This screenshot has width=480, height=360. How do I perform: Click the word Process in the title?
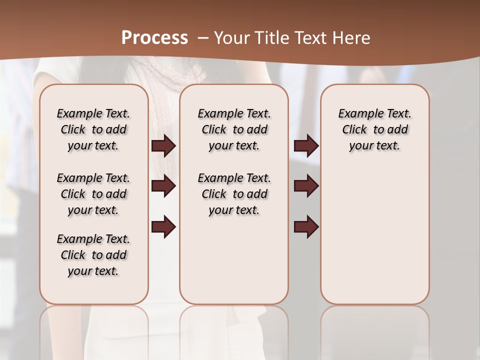click(x=154, y=37)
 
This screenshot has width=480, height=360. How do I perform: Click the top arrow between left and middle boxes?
click(x=163, y=145)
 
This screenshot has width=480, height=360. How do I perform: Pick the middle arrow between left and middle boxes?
click(x=163, y=186)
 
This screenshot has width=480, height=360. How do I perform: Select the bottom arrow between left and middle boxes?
click(x=163, y=226)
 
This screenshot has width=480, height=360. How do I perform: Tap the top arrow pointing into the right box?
click(x=306, y=145)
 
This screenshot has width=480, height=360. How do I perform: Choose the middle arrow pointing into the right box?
click(x=306, y=186)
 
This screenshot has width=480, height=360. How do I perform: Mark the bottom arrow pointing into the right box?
click(x=306, y=226)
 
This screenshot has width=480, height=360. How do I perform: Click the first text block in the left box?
click(x=93, y=129)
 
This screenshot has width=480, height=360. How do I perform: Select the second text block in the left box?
click(x=93, y=194)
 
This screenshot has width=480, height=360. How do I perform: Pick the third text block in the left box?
click(x=93, y=255)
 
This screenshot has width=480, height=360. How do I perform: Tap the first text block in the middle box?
click(x=234, y=129)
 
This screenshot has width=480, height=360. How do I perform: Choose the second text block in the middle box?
click(x=234, y=194)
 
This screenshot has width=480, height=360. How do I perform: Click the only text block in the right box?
click(x=375, y=129)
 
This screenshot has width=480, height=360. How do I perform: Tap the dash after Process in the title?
click(x=202, y=37)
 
